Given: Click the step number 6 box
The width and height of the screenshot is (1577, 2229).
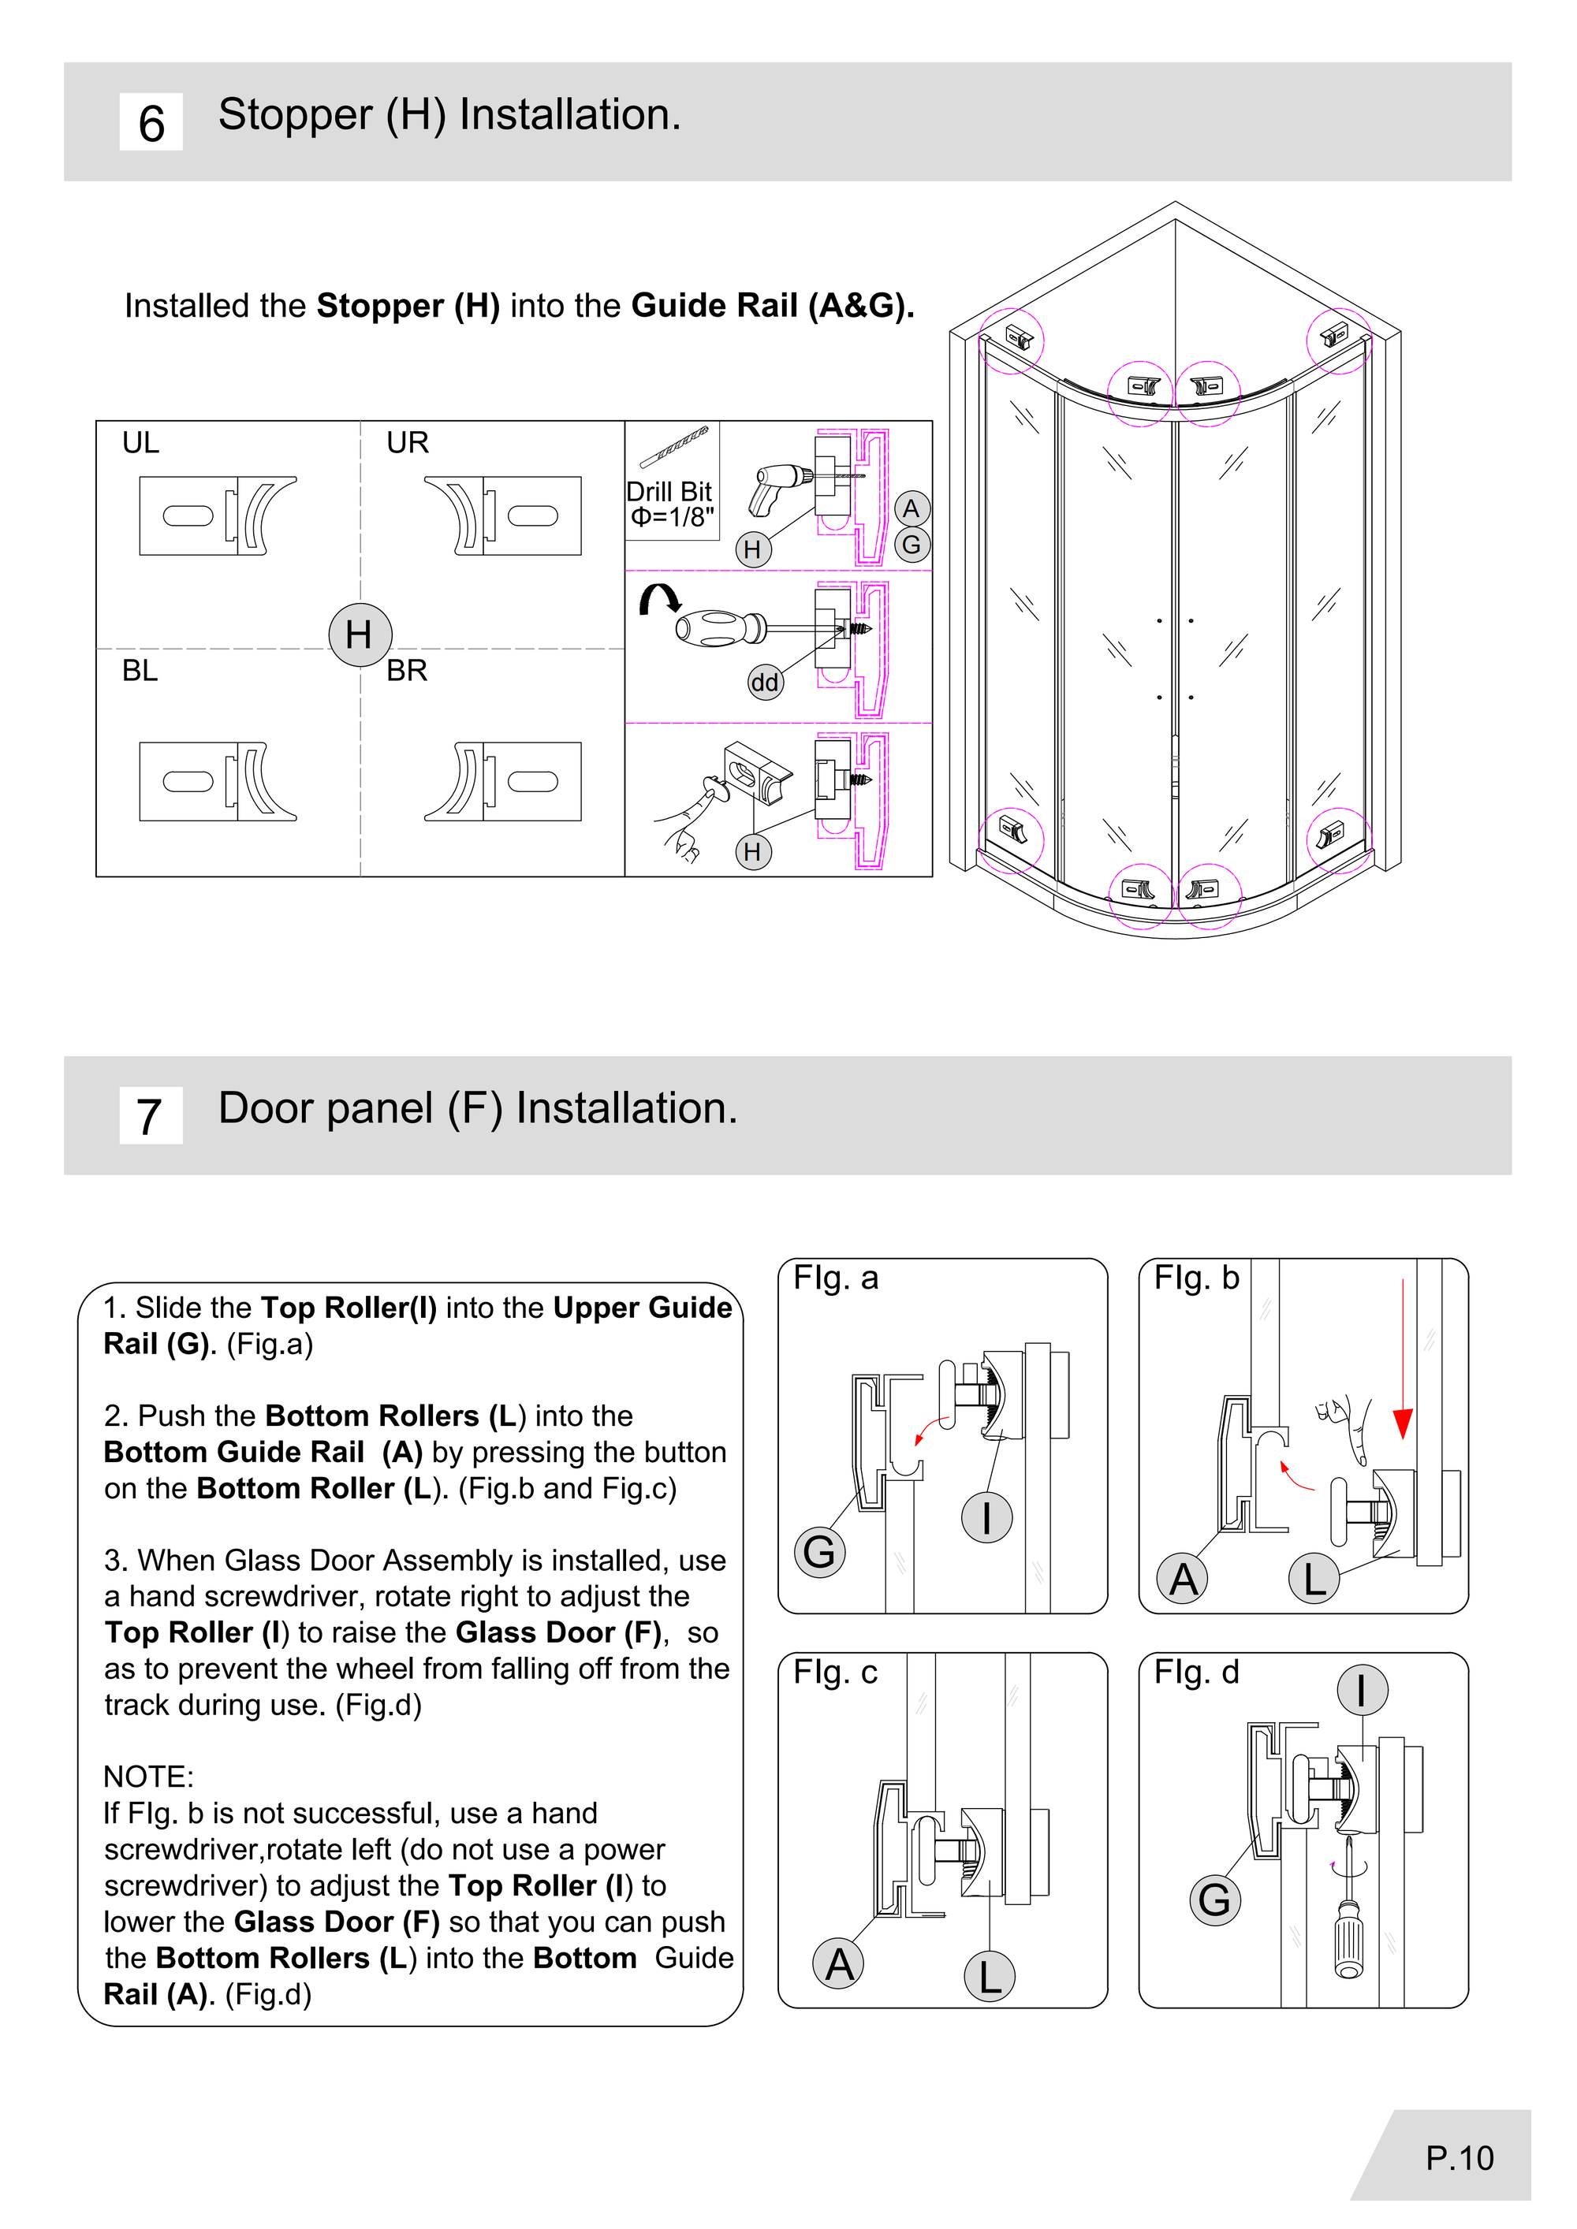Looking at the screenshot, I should point(151,122).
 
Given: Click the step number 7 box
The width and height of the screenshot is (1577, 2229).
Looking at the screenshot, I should point(151,1115).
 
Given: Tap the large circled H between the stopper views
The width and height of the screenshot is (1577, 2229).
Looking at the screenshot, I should point(360,635).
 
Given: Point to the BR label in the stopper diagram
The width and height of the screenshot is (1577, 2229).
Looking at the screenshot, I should point(407,671).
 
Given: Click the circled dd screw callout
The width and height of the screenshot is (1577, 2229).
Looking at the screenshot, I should point(764,683).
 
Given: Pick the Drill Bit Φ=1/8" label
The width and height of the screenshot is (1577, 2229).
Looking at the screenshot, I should point(670,504).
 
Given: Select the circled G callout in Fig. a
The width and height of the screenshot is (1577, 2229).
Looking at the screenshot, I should point(818,1551).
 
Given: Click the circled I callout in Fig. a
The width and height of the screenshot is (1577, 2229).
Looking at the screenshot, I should point(986,1517).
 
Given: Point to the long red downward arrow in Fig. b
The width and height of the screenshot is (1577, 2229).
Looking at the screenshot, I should point(1402,1359).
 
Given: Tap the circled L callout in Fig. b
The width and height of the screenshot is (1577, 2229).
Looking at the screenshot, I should point(1314,1580).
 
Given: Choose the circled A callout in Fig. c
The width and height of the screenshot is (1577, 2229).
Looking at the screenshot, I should point(839,1964).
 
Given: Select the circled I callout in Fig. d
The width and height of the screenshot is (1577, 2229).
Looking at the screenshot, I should point(1362,1690).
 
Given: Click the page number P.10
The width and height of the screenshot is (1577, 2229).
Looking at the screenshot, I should point(1459,2158).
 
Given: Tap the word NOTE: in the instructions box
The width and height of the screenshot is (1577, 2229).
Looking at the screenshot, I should point(148,1777).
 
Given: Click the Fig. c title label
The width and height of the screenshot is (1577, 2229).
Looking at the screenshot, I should point(835,1673).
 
